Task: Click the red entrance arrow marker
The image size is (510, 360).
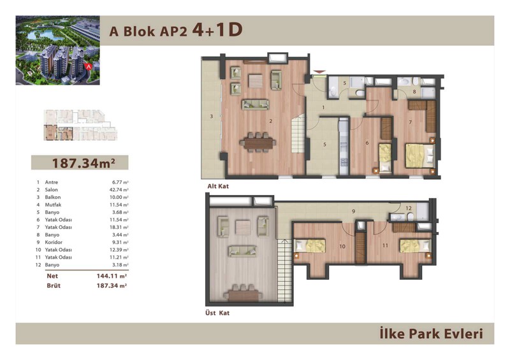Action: click(x=319, y=72)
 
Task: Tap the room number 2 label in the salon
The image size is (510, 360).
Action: click(x=270, y=121)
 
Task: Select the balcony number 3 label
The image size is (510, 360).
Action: click(x=212, y=116)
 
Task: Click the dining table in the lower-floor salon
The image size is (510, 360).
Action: click(x=258, y=143)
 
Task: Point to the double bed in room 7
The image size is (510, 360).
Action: click(x=419, y=155)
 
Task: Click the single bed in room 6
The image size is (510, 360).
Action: click(x=386, y=158)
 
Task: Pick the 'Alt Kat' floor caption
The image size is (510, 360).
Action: click(x=218, y=186)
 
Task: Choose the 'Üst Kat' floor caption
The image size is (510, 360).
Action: click(x=217, y=313)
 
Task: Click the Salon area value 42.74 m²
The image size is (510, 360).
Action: click(x=119, y=190)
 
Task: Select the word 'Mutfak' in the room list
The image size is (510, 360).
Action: click(x=53, y=205)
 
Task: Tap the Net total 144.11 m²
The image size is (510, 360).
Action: click(x=112, y=276)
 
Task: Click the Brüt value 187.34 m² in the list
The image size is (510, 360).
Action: click(x=112, y=285)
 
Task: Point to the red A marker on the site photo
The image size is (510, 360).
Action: click(x=88, y=67)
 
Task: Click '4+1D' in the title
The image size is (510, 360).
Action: click(x=217, y=30)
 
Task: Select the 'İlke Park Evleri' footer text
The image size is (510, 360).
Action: click(x=432, y=334)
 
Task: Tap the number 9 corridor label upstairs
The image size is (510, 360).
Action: click(x=354, y=212)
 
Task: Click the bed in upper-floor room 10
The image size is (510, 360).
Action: click(x=310, y=246)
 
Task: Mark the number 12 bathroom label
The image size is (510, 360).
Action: click(x=409, y=208)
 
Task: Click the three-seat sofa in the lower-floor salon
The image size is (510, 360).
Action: click(x=256, y=104)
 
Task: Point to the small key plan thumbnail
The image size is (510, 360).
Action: click(x=80, y=125)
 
